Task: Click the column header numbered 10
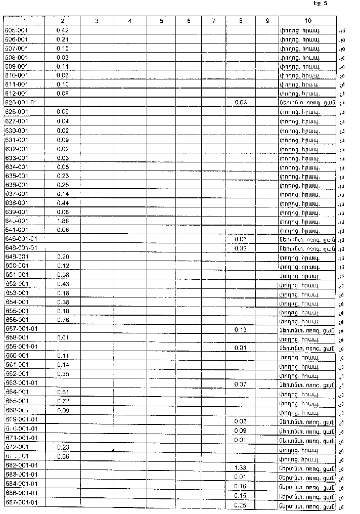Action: (308, 21)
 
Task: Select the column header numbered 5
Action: (161, 21)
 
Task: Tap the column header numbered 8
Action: (240, 21)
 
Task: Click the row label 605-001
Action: (16, 30)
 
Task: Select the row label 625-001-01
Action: (21, 102)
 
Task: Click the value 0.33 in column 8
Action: (240, 248)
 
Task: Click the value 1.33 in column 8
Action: (240, 468)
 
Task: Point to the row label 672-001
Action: (16, 447)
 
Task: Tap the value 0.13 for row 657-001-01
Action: (240, 330)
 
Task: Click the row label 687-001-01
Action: (21, 502)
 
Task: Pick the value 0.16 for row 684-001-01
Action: (240, 486)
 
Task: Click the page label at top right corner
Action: (320, 4)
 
